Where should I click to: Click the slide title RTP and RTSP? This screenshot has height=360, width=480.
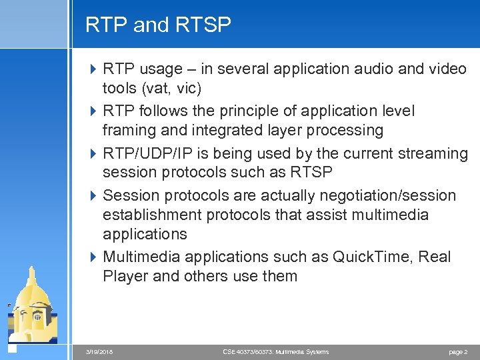point(158,25)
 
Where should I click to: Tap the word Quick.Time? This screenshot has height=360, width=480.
point(358,257)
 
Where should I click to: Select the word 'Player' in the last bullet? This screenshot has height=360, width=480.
point(125,277)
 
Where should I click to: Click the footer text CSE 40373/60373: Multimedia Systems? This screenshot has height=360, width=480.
point(275,351)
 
